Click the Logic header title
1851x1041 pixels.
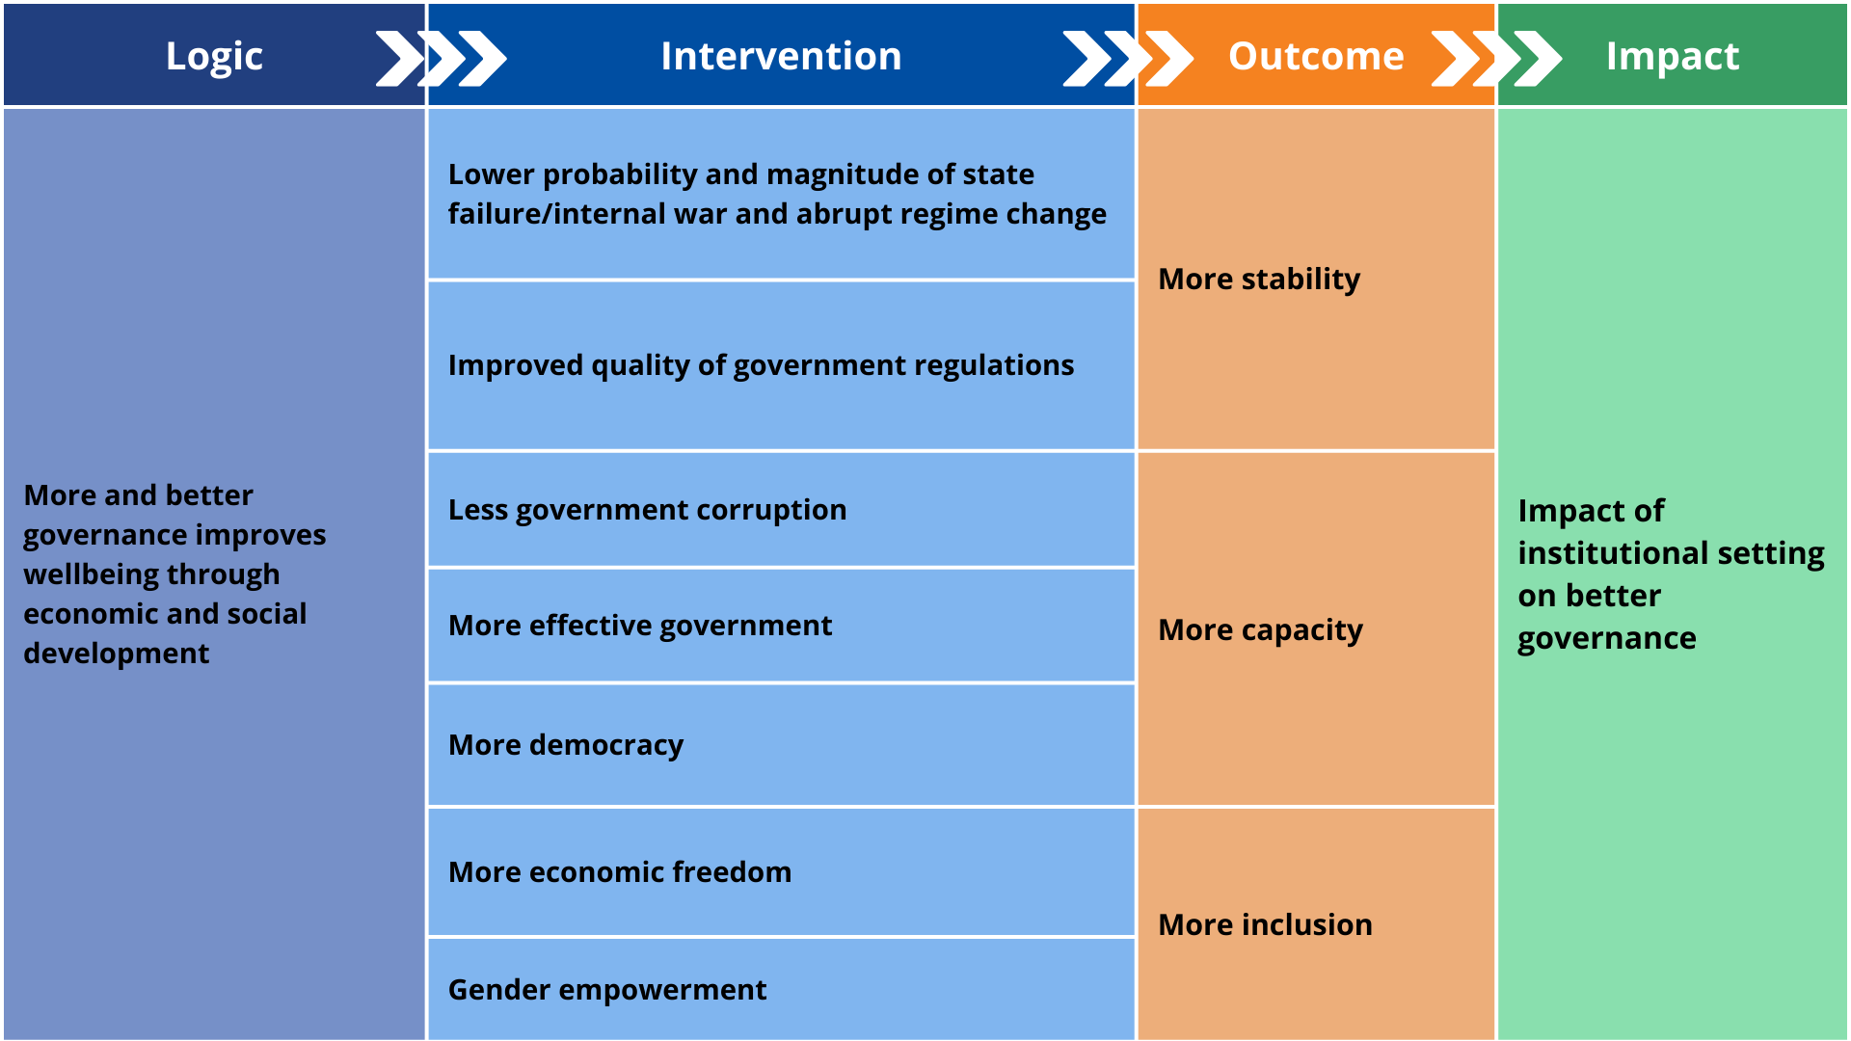[x=214, y=56]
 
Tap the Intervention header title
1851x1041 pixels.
[x=781, y=56]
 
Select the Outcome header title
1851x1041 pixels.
[x=1316, y=56]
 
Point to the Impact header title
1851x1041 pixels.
[x=1673, y=56]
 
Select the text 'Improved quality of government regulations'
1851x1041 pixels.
[x=761, y=365]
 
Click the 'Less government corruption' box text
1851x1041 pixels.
[x=647, y=510]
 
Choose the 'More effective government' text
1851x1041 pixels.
[x=640, y=626]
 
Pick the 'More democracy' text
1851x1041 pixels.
[x=566, y=745]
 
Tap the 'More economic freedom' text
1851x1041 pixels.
[x=620, y=872]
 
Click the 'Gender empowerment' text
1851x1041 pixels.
[x=607, y=990]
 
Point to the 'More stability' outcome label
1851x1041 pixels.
[x=1259, y=280]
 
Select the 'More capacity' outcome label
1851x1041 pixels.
[x=1260, y=630]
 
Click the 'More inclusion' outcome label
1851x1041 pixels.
[x=1265, y=925]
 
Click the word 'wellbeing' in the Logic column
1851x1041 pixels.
[x=93, y=574]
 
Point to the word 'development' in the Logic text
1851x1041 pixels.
[x=116, y=654]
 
